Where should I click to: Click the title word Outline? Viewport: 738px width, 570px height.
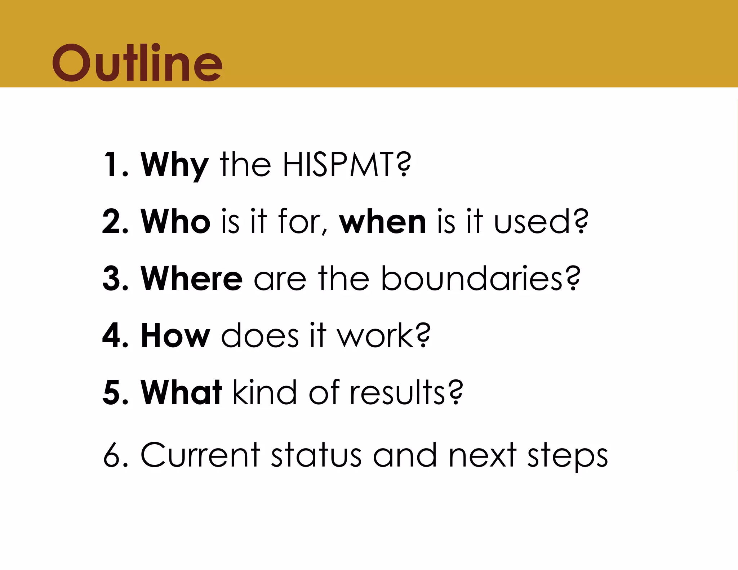pyautogui.click(x=137, y=63)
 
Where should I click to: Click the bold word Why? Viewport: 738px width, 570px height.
pyautogui.click(x=174, y=165)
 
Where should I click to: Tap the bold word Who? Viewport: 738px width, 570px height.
pyautogui.click(x=175, y=221)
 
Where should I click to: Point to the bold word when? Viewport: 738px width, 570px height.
pyautogui.click(x=383, y=222)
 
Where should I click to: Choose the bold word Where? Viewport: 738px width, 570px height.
pyautogui.click(x=192, y=278)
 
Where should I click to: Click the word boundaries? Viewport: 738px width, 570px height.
pyautogui.click(x=471, y=278)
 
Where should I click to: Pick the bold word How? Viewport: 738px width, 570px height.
pyautogui.click(x=175, y=335)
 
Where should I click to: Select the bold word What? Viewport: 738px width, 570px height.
pyautogui.click(x=181, y=392)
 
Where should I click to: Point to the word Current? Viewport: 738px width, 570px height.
pyautogui.click(x=200, y=455)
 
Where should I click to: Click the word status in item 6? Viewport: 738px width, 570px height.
pyautogui.click(x=316, y=455)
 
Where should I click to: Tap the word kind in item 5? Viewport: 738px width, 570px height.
pyautogui.click(x=264, y=392)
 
